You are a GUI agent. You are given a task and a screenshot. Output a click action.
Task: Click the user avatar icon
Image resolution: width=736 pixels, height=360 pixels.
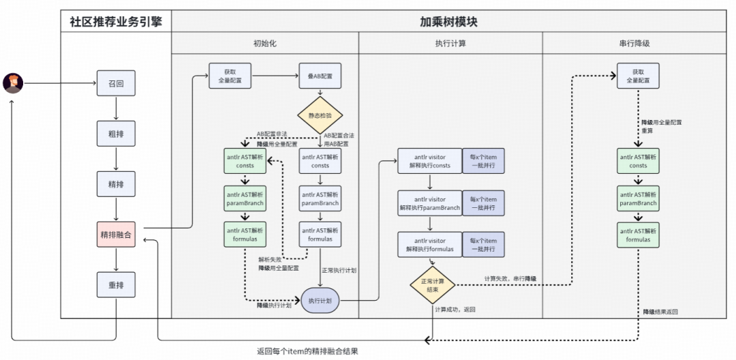tap(13, 83)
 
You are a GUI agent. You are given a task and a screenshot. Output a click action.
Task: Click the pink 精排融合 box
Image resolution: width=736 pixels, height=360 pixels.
tap(116, 235)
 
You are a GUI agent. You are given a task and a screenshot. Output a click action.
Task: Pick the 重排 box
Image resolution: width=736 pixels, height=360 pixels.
tap(116, 285)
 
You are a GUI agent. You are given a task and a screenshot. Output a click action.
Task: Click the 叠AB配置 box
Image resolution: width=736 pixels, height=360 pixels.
tap(320, 76)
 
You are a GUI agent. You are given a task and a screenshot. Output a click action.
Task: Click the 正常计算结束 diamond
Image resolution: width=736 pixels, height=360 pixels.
tap(432, 284)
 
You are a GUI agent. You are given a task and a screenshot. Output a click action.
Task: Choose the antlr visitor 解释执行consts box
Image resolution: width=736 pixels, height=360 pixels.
tap(429, 160)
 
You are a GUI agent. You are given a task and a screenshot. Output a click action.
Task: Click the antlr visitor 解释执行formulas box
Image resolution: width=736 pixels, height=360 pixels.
tap(429, 245)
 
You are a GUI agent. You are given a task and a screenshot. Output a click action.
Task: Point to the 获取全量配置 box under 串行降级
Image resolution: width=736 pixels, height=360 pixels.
tap(638, 76)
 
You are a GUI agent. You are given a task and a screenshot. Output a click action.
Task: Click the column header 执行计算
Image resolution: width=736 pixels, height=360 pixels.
tap(450, 43)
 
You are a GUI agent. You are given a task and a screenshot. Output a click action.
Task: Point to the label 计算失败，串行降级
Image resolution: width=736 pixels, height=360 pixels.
tap(510, 278)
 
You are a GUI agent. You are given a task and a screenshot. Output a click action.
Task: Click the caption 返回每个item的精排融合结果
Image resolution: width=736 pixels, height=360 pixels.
tap(307, 351)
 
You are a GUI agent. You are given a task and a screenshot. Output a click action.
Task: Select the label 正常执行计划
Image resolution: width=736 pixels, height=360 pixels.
tap(339, 270)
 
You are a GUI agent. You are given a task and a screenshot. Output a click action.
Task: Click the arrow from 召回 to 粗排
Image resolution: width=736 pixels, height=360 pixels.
tap(116, 108)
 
